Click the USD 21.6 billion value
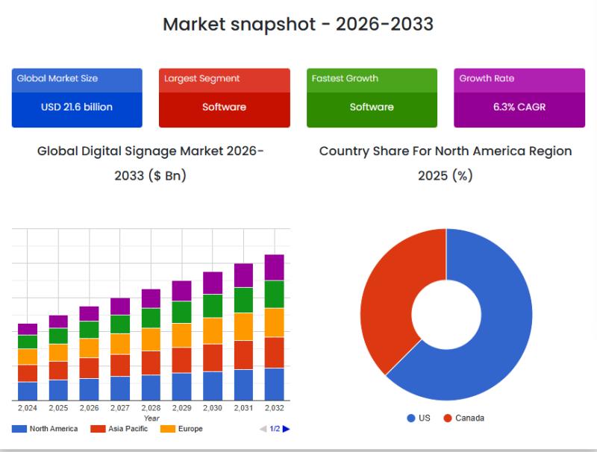[77, 107]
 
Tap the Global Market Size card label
[57, 78]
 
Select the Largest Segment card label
[202, 78]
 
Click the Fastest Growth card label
[345, 78]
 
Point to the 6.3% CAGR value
[519, 107]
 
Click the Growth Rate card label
[487, 78]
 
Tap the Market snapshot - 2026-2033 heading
[298, 24]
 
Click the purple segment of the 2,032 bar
[274, 267]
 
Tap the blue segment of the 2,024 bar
[28, 391]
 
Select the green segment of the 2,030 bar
[213, 306]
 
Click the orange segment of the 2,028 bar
[151, 339]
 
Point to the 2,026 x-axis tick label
[90, 408]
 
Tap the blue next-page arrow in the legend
[287, 429]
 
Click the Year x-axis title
[151, 418]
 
